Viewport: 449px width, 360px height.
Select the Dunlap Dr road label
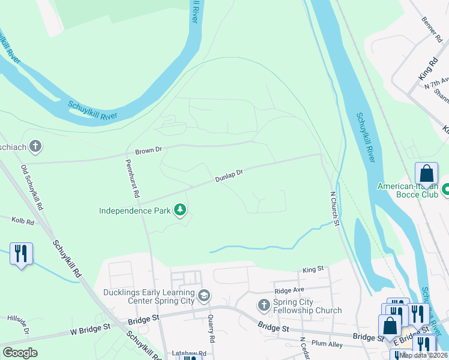click(229, 176)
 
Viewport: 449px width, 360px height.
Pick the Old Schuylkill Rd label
click(32, 187)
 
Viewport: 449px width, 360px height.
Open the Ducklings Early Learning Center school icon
click(204, 295)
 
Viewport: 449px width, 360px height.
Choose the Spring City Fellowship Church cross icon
click(264, 305)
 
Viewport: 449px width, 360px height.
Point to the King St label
click(313, 270)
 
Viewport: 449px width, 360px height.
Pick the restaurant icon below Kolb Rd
click(21, 254)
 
